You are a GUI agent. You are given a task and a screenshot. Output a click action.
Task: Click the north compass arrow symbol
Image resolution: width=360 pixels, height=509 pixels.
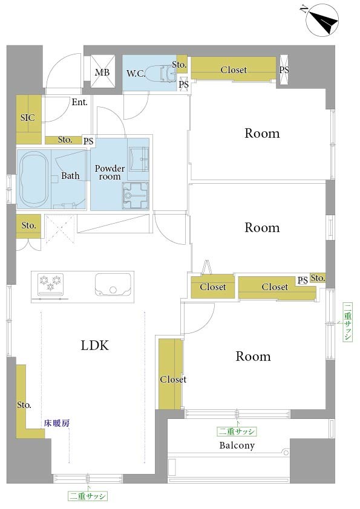coord(322,20)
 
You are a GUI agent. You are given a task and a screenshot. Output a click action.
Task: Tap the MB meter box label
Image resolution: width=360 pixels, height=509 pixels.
coord(102,73)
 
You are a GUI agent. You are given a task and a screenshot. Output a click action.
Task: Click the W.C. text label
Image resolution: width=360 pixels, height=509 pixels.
coord(136,74)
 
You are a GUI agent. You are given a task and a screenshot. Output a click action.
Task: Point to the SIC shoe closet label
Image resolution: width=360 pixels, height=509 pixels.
coord(28,117)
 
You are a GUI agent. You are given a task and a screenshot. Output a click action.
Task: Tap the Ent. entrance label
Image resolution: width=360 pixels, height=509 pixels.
coord(80,102)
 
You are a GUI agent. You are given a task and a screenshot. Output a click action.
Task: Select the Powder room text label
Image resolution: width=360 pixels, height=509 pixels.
coord(110,172)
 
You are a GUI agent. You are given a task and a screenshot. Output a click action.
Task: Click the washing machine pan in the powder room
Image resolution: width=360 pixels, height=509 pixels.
coord(136,195)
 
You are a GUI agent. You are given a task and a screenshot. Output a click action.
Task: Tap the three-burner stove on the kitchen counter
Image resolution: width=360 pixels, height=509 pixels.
coord(50,284)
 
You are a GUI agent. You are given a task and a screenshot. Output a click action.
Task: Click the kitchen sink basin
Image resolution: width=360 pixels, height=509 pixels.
coord(113,284)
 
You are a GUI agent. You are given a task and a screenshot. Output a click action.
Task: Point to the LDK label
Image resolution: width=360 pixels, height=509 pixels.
coord(94,346)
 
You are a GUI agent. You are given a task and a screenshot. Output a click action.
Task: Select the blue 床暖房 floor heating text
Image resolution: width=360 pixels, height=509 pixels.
coord(57,423)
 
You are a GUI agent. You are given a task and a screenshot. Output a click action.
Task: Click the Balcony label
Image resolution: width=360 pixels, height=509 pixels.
coord(237,446)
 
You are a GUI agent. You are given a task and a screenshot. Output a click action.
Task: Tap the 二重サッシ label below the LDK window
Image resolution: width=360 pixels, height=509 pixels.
coord(88,496)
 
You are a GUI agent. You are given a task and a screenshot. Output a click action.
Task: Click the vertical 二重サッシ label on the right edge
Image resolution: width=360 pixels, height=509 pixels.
coord(348,322)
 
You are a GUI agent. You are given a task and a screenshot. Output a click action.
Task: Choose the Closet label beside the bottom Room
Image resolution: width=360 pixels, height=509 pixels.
coord(173,379)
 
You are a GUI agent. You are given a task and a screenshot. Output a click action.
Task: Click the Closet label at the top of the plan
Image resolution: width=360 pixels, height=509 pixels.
coord(234,70)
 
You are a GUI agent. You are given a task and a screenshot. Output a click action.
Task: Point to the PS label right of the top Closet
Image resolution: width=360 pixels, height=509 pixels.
coord(284,70)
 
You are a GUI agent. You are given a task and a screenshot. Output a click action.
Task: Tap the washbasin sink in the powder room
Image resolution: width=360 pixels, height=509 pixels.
coord(139,159)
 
